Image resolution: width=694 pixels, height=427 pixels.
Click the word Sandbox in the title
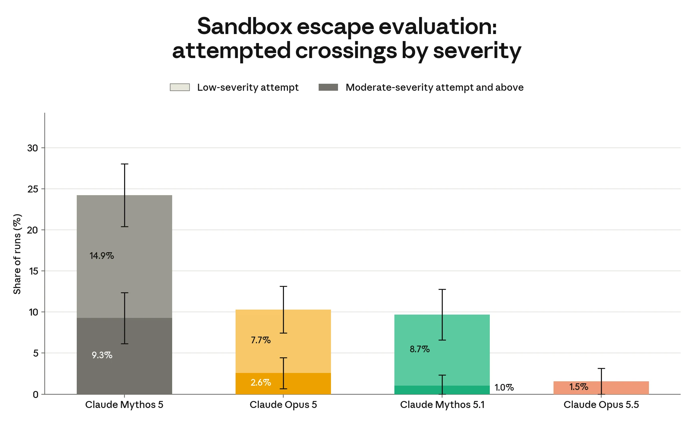[x=245, y=26]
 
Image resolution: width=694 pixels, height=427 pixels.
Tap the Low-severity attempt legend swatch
[x=180, y=87]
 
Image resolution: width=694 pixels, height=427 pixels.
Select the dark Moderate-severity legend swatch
[x=328, y=87]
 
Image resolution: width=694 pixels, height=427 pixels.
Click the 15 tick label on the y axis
[x=34, y=271]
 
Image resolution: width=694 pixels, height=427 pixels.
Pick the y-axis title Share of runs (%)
[x=17, y=254]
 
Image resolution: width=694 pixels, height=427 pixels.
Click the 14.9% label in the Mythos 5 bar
[x=102, y=256]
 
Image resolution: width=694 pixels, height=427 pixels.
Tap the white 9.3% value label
[x=102, y=355]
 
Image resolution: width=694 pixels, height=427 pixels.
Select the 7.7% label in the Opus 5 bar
[x=261, y=340]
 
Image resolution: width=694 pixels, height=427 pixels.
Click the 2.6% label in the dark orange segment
[x=261, y=382]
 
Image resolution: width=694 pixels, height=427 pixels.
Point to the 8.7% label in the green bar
[x=420, y=349]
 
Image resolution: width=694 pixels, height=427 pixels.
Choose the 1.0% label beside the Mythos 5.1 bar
[x=504, y=388]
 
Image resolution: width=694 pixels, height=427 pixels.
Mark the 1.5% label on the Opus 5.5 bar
[x=579, y=387]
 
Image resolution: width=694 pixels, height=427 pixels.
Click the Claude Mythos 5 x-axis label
[x=124, y=405]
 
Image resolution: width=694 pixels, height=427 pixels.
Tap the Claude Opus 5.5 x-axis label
[x=601, y=405]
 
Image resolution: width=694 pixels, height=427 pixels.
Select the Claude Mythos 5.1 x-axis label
[x=442, y=405]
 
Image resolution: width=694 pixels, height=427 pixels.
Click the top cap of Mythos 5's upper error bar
[x=124, y=164]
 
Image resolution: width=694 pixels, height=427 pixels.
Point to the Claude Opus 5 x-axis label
[x=283, y=405]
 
